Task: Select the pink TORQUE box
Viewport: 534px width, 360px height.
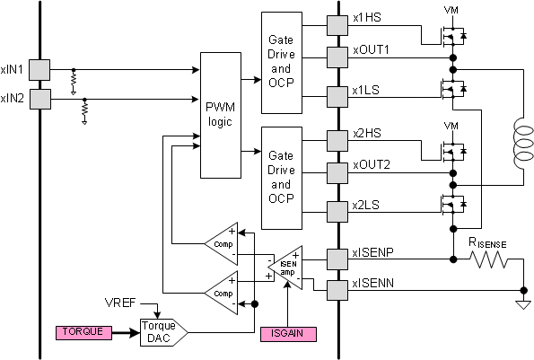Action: (83, 332)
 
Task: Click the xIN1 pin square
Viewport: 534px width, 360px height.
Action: (39, 68)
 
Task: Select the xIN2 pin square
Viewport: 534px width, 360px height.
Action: (39, 98)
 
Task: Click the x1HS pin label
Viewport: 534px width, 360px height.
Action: (368, 18)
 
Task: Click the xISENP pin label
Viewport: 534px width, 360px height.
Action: (375, 255)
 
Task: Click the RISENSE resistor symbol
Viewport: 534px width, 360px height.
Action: (487, 260)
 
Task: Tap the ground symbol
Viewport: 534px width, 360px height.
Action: (521, 303)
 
